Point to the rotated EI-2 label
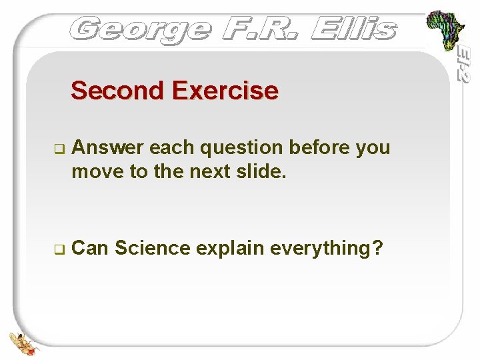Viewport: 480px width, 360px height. point(464,63)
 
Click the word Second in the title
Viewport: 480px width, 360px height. point(116,90)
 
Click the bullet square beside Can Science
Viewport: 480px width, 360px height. point(58,250)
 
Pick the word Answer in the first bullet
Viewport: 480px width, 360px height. point(107,147)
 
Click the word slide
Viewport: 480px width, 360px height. point(263,172)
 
